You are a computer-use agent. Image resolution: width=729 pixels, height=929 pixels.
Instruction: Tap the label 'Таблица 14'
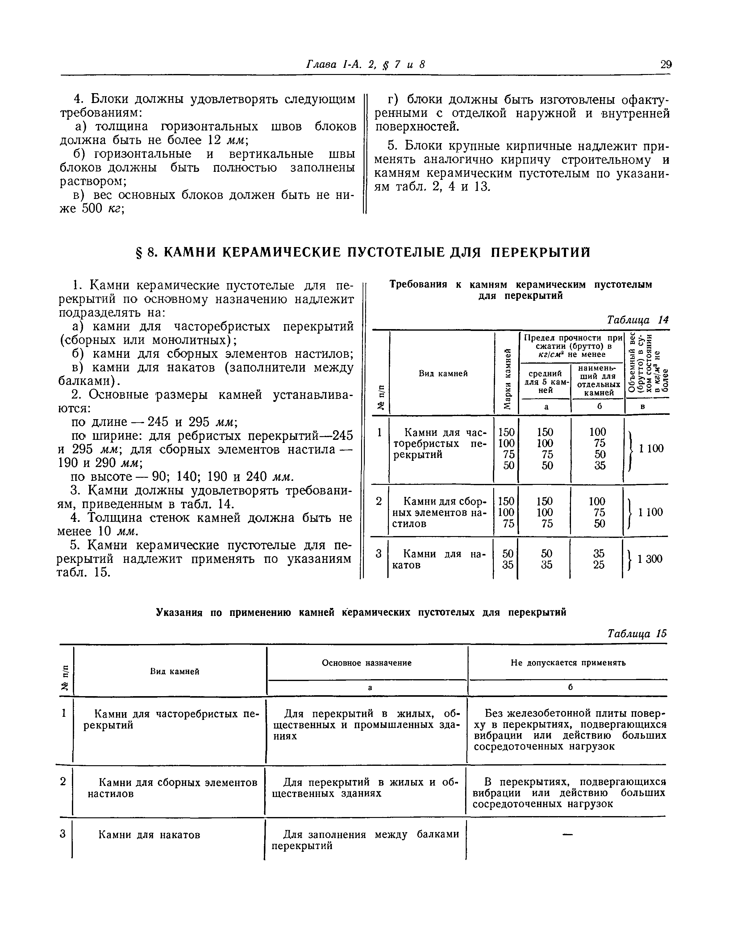638,320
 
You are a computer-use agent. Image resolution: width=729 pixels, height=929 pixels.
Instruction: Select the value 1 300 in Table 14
650,559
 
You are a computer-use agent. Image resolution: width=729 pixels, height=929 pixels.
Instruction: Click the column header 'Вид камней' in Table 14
443,373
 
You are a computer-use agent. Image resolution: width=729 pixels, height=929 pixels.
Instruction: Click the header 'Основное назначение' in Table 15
367,663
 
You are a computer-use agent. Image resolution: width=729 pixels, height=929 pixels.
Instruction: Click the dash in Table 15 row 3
567,835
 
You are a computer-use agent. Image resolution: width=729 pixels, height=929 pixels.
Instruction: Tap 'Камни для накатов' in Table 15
149,835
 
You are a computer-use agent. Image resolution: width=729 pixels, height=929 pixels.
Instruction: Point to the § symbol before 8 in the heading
138,253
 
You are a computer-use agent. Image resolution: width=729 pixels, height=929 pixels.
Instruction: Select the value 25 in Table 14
599,565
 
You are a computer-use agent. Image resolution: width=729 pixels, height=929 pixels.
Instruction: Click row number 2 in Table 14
379,501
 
